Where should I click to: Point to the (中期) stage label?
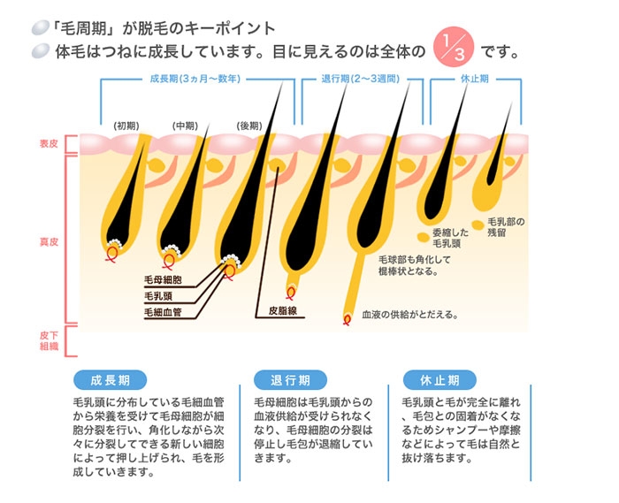[x=185, y=125]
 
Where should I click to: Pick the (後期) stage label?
[x=248, y=125]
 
